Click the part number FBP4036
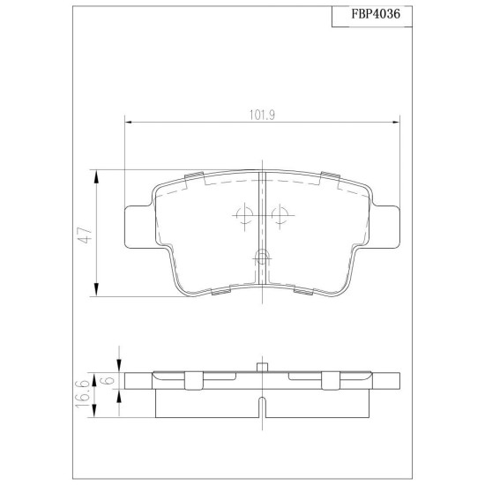click(x=375, y=14)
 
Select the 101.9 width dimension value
click(x=262, y=115)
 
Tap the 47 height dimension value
click(x=86, y=235)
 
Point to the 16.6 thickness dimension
click(x=82, y=393)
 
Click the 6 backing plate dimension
click(x=108, y=379)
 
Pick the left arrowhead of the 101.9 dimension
click(x=128, y=123)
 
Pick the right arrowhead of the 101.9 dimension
click(x=396, y=123)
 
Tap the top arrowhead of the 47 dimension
click(x=96, y=177)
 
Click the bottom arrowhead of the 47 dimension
click(x=96, y=289)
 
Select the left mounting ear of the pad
click(x=139, y=227)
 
